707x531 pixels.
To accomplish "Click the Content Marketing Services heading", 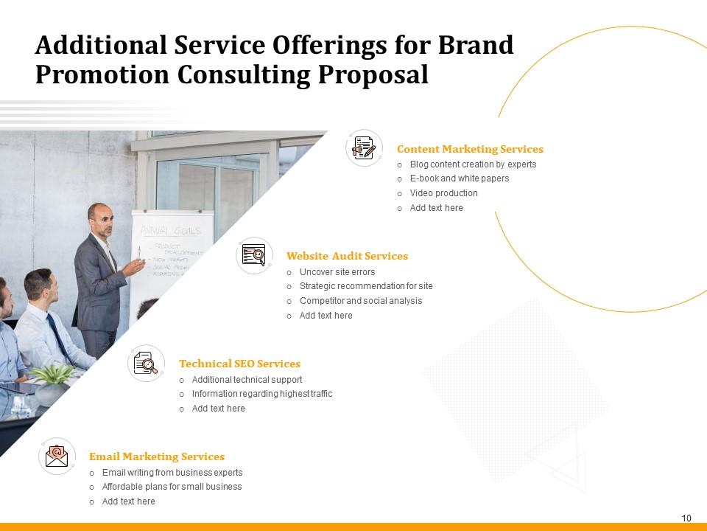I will point(470,149).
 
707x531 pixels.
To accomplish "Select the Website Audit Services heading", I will point(347,256).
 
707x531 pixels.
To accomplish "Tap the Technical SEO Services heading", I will point(239,364).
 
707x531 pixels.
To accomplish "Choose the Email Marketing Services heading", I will point(157,457).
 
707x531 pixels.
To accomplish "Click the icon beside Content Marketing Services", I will point(364,148).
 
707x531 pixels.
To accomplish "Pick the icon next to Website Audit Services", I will point(254,256).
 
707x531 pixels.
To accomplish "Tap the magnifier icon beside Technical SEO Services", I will point(146,363).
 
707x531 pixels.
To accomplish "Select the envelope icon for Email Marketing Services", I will point(57,456).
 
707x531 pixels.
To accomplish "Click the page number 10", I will point(686,518).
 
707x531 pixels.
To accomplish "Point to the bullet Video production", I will point(443,193).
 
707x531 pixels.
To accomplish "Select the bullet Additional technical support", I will point(247,380).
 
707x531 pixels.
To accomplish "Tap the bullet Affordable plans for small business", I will point(172,487).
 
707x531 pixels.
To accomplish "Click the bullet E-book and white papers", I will point(459,178).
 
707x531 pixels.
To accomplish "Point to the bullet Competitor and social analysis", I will point(360,301).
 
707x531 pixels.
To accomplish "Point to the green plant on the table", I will point(54,374).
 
